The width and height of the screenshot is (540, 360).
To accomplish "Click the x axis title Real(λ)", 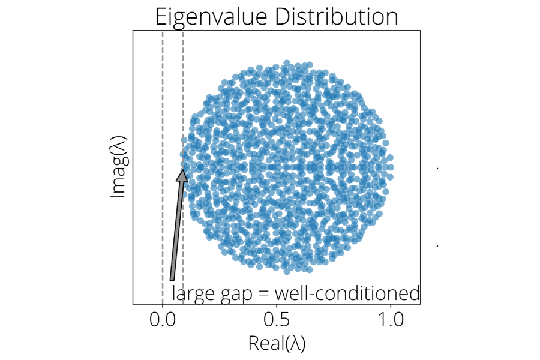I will coord(277,343).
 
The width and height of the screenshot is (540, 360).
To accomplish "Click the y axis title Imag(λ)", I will coord(118,166).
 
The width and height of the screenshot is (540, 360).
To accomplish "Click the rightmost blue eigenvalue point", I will coord(391,167).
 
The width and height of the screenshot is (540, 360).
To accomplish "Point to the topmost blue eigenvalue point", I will coord(287,63).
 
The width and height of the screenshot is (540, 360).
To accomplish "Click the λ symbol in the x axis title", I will coord(294,343).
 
